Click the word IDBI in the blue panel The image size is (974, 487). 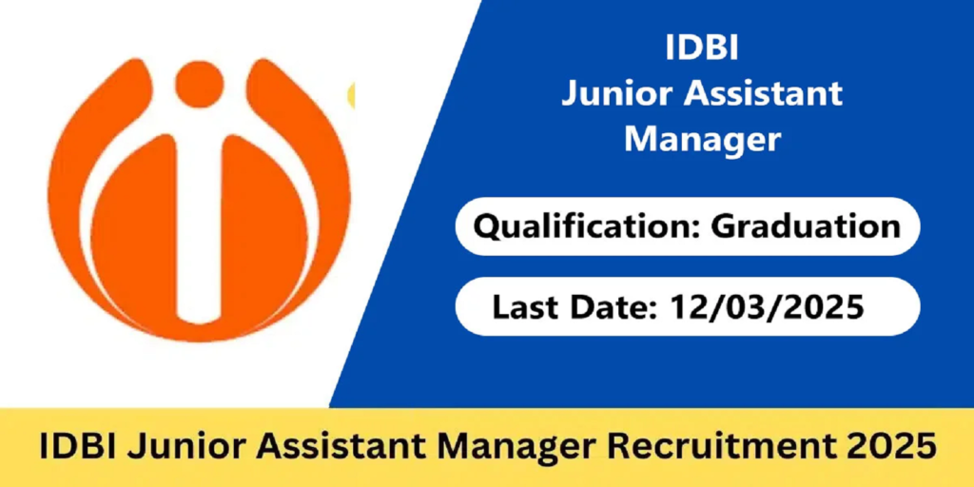(x=700, y=48)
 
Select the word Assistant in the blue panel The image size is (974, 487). (x=763, y=93)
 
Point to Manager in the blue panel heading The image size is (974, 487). (x=702, y=139)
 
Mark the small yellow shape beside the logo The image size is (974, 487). (x=351, y=94)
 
